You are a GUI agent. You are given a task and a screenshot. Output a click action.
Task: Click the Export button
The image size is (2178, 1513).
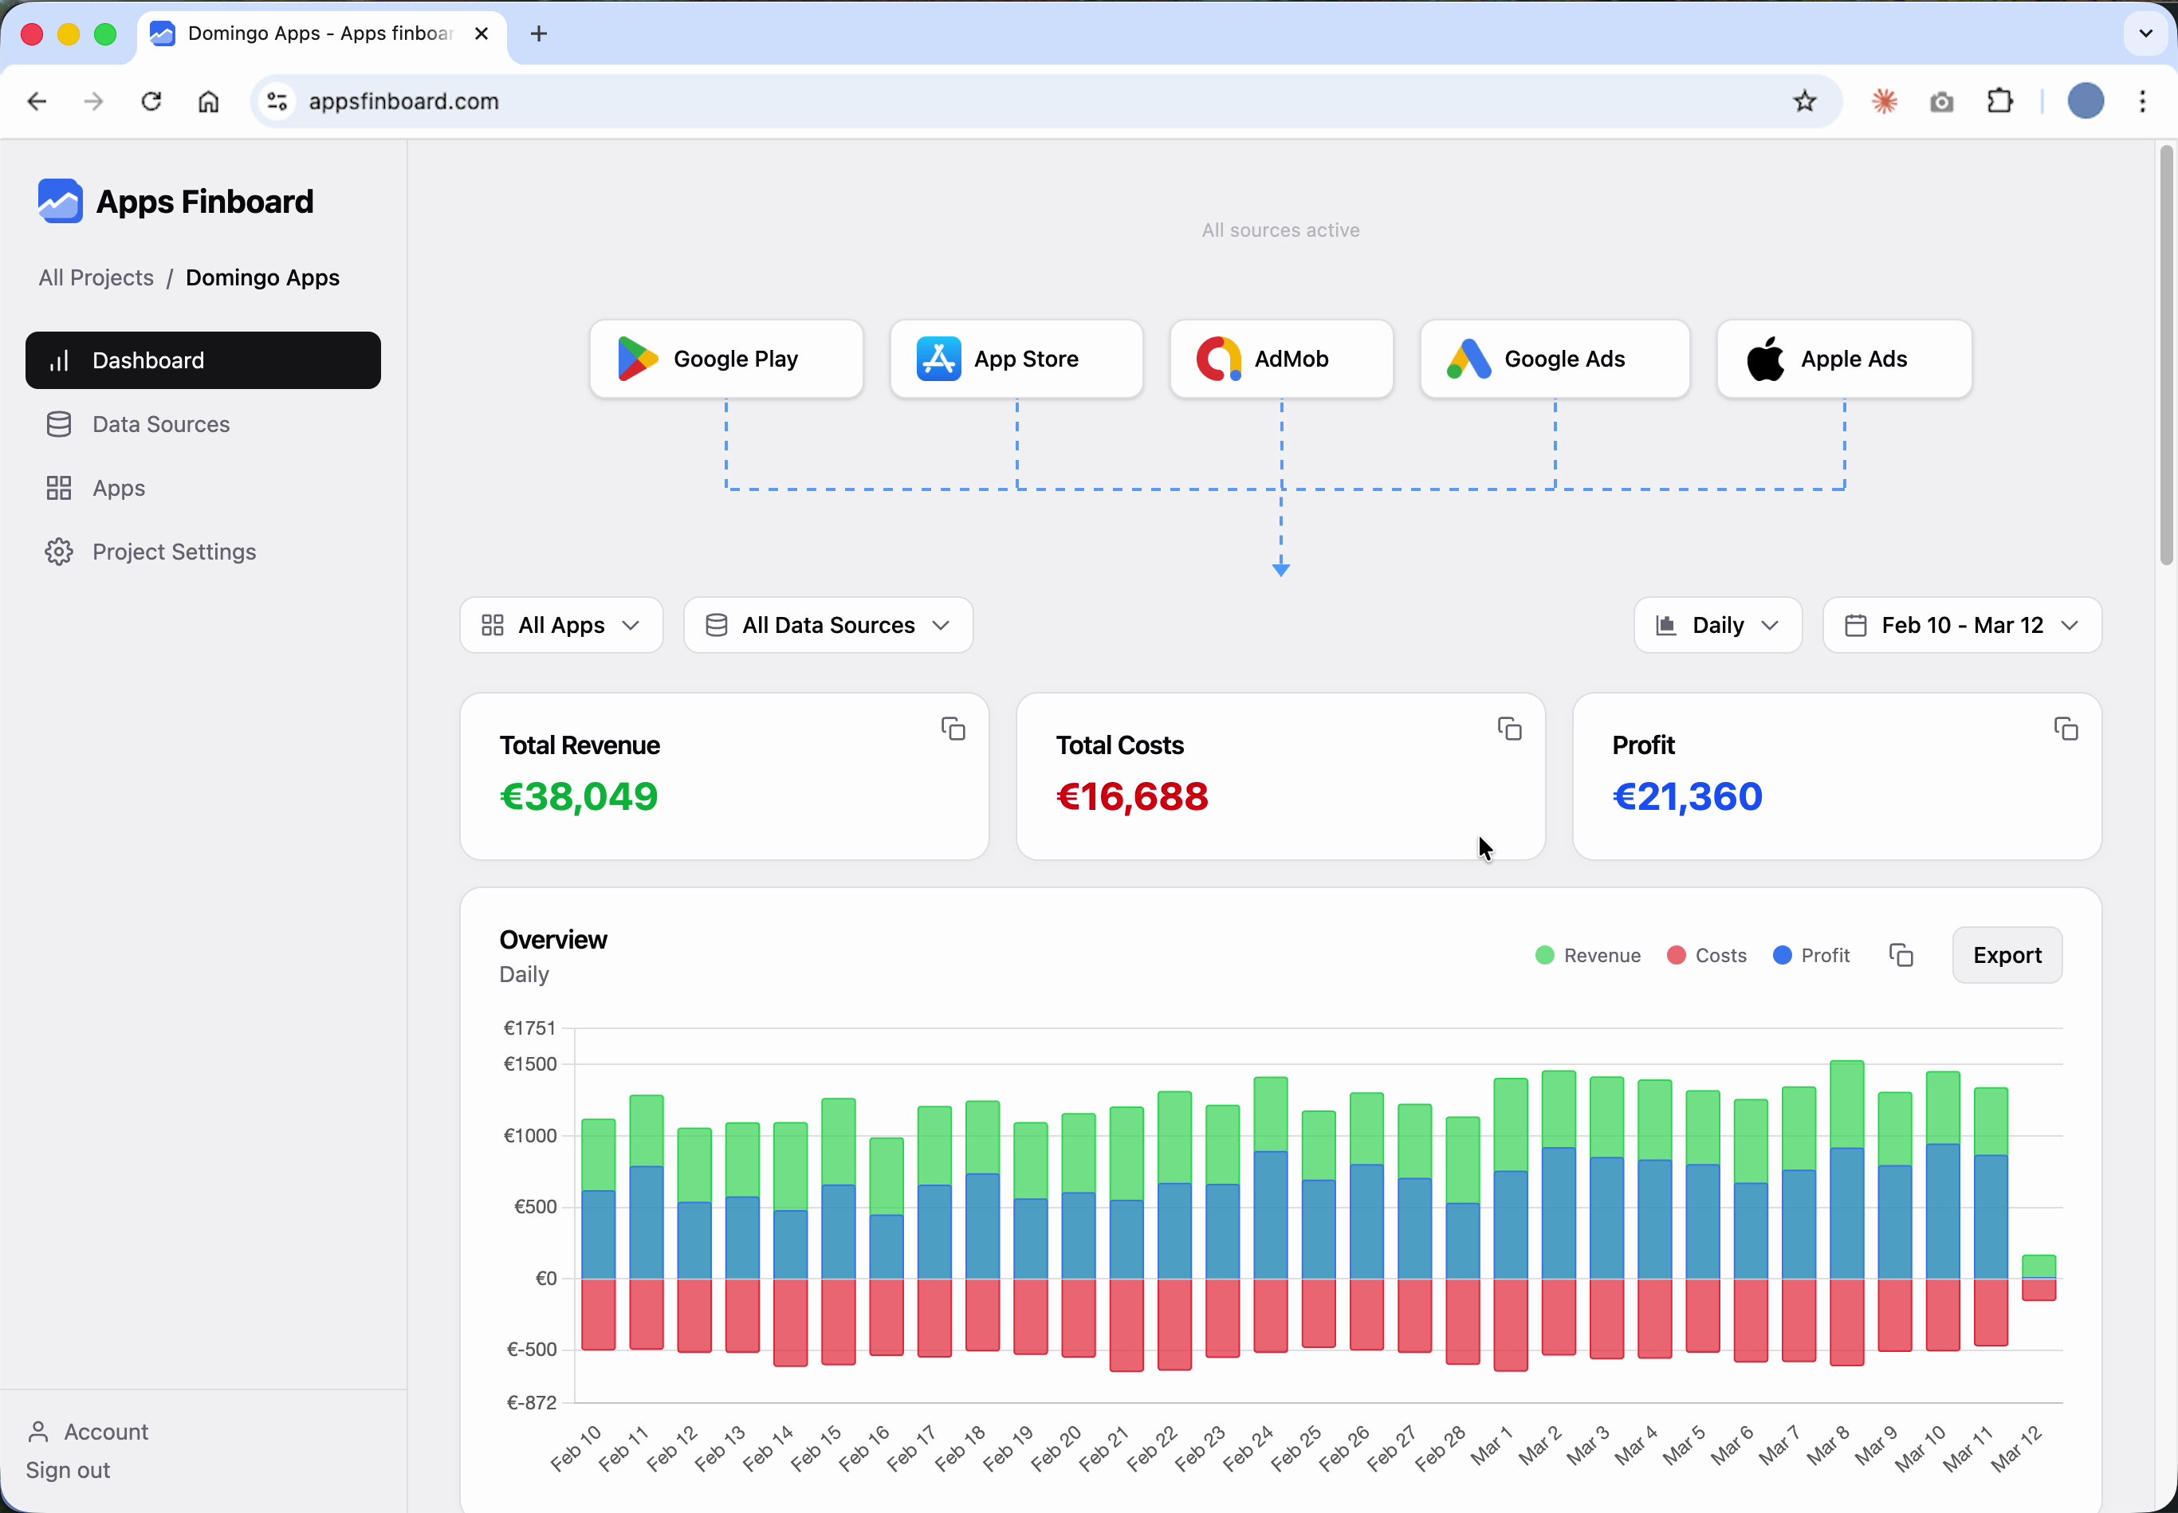click(x=2007, y=955)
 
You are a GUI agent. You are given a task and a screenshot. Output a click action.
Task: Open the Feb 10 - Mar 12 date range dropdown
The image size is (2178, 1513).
click(x=1961, y=625)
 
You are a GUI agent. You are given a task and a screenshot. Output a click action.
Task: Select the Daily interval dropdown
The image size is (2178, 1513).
click(x=1716, y=625)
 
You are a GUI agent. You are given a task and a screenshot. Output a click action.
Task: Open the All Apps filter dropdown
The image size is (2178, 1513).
click(x=560, y=625)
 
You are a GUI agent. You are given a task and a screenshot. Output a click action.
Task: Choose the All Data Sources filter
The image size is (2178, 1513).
click(x=828, y=625)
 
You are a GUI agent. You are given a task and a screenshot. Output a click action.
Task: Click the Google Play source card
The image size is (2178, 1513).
click(x=726, y=360)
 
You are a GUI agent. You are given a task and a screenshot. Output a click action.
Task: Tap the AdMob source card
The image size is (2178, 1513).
click(x=1280, y=360)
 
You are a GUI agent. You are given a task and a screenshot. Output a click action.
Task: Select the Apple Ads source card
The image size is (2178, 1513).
click(x=1843, y=360)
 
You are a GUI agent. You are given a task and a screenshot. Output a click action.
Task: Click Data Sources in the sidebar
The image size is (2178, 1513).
click(x=160, y=424)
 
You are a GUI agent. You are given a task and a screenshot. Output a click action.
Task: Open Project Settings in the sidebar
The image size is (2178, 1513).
click(x=174, y=552)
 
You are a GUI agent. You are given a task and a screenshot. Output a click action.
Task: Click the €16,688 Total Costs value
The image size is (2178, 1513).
click(x=1131, y=796)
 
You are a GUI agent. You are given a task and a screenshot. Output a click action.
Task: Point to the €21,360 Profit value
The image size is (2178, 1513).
click(x=1687, y=796)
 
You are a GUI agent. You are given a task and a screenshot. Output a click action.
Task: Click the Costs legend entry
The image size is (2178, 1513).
click(x=1706, y=955)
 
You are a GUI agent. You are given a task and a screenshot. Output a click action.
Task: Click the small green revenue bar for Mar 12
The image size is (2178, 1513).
click(x=2038, y=1266)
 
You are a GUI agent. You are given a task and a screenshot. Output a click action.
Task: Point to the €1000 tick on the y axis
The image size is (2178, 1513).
click(x=530, y=1136)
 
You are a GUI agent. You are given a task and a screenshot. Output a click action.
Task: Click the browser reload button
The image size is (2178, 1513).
click(x=151, y=101)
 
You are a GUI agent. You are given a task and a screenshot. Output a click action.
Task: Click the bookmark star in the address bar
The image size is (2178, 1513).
click(x=1803, y=101)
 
